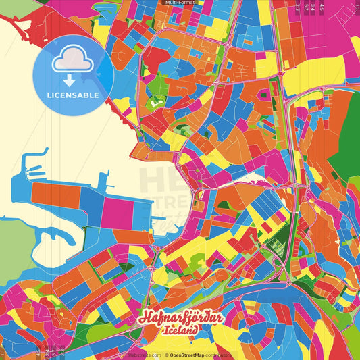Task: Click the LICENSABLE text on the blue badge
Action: tap(72, 95)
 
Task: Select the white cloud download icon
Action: tap(72, 63)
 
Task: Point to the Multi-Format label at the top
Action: tap(180, 3)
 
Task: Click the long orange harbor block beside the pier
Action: tap(55, 196)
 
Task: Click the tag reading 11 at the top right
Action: tap(357, 6)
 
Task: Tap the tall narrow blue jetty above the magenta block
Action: tap(104, 181)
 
